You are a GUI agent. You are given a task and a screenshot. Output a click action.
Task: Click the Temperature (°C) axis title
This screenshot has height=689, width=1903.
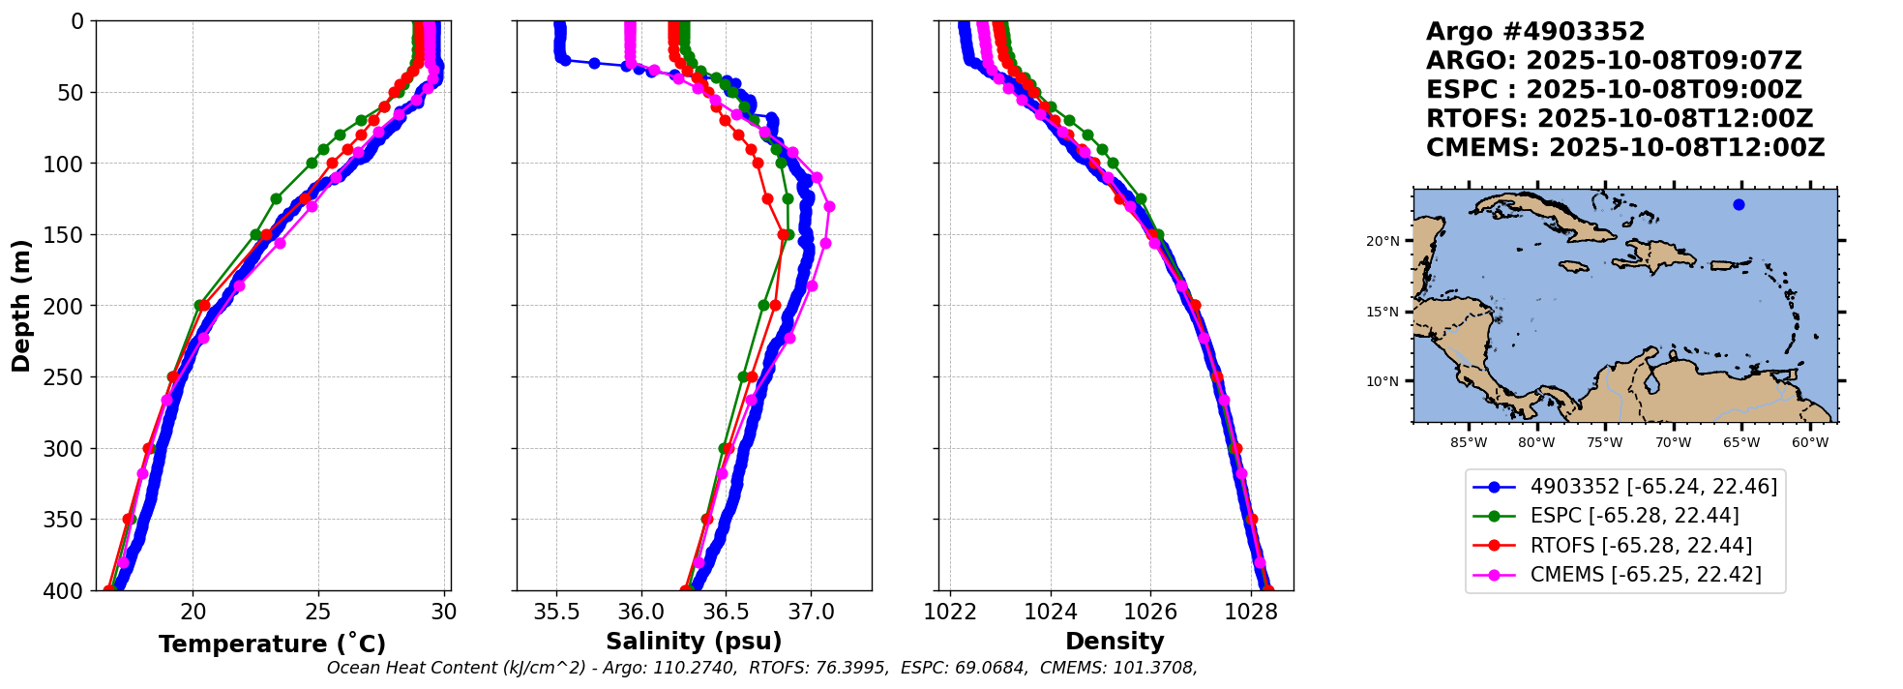pos(273,644)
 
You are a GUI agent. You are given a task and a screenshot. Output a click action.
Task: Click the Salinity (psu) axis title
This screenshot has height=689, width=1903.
pos(694,642)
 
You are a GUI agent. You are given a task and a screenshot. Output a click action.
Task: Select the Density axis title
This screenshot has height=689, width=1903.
pos(1115,642)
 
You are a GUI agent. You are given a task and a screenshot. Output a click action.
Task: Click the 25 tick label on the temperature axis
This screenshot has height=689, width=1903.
pos(318,612)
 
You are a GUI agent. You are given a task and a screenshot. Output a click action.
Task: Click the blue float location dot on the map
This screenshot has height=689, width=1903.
pos(1739,204)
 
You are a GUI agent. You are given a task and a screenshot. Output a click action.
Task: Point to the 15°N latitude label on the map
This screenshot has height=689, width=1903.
pos(1383,312)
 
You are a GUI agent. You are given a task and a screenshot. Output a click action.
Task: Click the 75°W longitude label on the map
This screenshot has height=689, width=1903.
pos(1605,443)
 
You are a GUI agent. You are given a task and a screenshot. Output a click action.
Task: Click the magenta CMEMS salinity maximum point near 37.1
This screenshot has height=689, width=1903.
pos(829,206)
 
